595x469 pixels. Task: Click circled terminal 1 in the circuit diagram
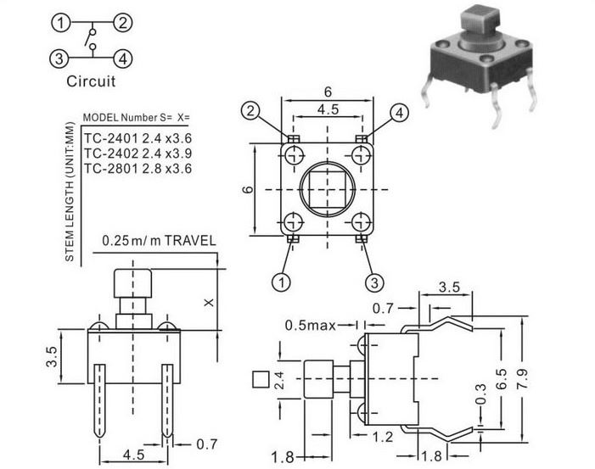click(59, 23)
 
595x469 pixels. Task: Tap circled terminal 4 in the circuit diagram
click(123, 59)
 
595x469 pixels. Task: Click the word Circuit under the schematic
click(91, 82)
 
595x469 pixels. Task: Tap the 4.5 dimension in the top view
click(328, 109)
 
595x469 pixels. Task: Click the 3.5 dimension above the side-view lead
click(451, 288)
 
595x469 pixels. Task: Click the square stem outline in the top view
click(328, 187)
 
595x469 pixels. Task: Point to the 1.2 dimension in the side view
click(385, 436)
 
